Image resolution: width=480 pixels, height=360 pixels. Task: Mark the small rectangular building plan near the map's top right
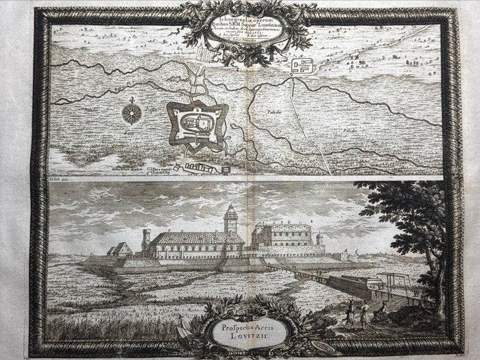(303, 67)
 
